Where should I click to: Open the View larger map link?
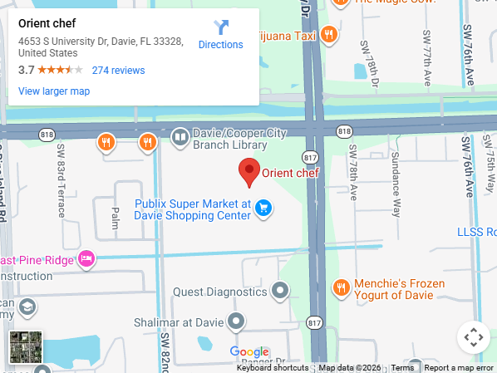54,91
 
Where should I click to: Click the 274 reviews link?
118,71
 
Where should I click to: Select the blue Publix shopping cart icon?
263,208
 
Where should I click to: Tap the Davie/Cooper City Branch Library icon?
180,137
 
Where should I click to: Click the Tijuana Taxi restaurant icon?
330,36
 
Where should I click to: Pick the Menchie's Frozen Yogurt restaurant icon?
341,288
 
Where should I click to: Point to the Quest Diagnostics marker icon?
281,292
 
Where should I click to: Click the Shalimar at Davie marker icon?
237,321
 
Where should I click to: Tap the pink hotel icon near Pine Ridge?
86,259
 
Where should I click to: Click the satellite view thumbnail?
26,347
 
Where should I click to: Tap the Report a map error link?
459,368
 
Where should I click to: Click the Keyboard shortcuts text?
273,368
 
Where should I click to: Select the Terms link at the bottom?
402,368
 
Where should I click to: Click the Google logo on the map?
249,352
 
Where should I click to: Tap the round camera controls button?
473,337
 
